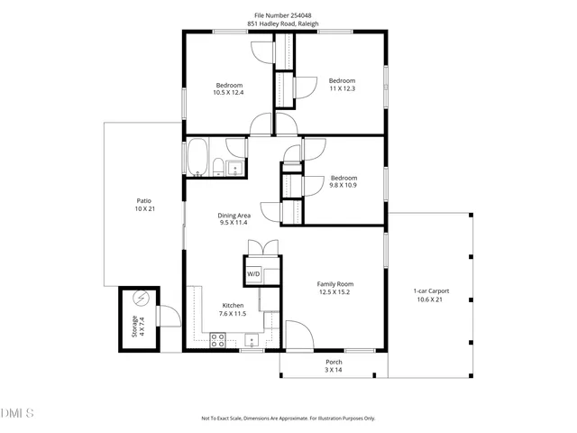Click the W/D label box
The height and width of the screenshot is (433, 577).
tap(253, 273)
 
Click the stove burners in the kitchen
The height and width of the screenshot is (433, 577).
tap(217, 339)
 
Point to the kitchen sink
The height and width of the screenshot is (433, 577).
tap(252, 339)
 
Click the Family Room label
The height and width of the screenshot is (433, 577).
tap(334, 288)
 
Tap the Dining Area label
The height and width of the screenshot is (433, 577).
tap(234, 219)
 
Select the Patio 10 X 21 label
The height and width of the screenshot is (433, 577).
tap(143, 206)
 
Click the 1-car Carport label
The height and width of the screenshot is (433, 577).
tap(431, 295)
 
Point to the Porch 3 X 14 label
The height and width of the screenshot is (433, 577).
tap(334, 365)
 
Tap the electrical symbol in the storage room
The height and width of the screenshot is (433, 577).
tap(140, 298)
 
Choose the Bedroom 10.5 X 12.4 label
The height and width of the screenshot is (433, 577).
tap(228, 88)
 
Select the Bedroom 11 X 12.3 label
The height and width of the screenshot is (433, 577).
tap(342, 83)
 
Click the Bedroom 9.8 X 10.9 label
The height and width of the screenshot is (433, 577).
tap(343, 181)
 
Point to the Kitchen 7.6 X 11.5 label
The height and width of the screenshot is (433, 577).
tap(234, 309)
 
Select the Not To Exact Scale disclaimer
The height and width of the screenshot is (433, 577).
tap(288, 419)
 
